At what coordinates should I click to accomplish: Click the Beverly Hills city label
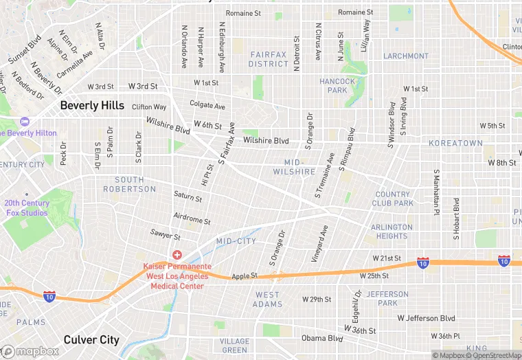(x=92, y=106)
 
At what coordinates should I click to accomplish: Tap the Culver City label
(x=91, y=339)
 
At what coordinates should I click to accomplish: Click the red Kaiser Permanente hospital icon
(x=177, y=255)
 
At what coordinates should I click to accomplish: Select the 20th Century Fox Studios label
(x=26, y=208)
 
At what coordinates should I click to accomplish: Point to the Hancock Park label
(x=338, y=86)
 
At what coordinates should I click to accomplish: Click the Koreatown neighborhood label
(x=455, y=143)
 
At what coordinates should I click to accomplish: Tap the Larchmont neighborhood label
(x=406, y=56)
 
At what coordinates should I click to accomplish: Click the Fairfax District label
(x=269, y=59)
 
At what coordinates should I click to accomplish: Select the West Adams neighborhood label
(x=267, y=300)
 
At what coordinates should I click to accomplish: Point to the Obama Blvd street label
(x=322, y=338)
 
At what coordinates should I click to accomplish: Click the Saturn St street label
(x=188, y=197)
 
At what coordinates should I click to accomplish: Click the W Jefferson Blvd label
(x=426, y=318)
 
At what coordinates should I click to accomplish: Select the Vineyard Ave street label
(x=321, y=242)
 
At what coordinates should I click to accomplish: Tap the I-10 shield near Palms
(x=49, y=296)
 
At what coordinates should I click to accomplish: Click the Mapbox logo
(x=30, y=351)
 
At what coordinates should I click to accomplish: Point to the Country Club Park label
(x=393, y=199)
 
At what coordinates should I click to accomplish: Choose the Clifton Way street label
(x=149, y=107)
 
